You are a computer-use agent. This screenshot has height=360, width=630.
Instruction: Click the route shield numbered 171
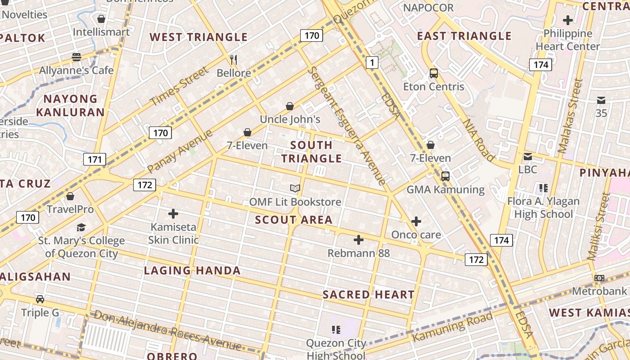[94, 159]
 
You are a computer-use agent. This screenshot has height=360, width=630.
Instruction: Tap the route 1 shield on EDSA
[372, 63]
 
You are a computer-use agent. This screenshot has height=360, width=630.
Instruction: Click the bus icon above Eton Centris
[434, 73]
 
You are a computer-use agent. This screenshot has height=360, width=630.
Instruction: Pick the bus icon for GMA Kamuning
[445, 176]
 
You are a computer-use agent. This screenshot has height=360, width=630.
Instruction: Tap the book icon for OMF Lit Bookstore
[295, 189]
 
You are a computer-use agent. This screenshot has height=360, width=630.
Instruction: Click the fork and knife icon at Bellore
[234, 59]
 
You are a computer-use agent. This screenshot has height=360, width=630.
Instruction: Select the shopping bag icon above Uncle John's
[290, 106]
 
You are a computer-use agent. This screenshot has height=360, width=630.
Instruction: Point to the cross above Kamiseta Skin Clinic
[173, 214]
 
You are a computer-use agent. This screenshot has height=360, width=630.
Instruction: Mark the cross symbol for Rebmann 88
[358, 240]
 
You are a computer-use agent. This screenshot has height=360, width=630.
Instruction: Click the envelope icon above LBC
[528, 157]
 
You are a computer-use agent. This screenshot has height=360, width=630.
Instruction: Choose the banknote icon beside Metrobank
[599, 278]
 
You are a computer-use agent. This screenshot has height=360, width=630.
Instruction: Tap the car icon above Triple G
[40, 299]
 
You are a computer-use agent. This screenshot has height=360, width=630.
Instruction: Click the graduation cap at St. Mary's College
[81, 228]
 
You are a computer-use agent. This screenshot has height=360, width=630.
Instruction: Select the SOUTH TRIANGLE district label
[311, 152]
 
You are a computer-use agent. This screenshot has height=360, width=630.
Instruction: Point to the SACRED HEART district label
[369, 295]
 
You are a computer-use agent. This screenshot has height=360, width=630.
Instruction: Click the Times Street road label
[180, 86]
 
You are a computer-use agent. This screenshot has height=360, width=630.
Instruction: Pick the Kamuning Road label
[453, 326]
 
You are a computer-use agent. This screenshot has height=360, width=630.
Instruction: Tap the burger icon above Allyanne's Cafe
[76, 57]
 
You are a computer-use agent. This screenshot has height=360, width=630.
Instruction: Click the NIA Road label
[479, 139]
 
